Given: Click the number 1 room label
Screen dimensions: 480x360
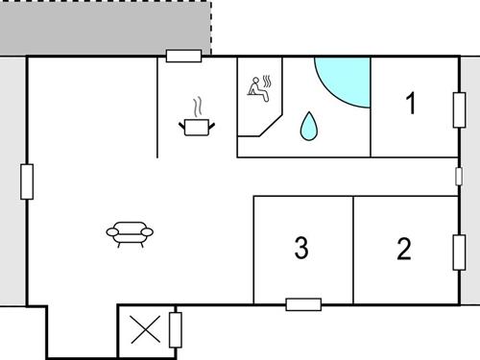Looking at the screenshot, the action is pyautogui.click(x=412, y=104).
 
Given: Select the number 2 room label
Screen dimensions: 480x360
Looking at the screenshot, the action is pyautogui.click(x=404, y=250).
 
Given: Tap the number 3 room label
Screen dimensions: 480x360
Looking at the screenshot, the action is pyautogui.click(x=301, y=250).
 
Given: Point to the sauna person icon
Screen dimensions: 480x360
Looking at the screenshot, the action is pyautogui.click(x=259, y=87).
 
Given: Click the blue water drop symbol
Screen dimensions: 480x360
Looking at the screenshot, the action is pyautogui.click(x=309, y=126).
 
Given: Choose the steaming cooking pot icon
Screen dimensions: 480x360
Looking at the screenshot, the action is pyautogui.click(x=196, y=125).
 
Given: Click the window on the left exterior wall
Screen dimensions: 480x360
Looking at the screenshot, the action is pyautogui.click(x=27, y=181).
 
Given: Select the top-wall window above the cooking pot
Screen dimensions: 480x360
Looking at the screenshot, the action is pyautogui.click(x=183, y=56).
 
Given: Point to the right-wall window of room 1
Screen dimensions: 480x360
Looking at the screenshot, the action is pyautogui.click(x=458, y=107).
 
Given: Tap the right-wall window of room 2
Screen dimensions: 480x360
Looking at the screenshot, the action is pyautogui.click(x=458, y=251).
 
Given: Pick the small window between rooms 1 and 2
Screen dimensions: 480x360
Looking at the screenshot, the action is pyautogui.click(x=458, y=177).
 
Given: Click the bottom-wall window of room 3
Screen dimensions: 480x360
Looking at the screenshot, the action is pyautogui.click(x=303, y=304).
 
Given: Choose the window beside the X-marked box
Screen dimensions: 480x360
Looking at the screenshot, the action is pyautogui.click(x=175, y=330).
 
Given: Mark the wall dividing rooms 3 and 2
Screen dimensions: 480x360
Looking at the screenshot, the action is pyautogui.click(x=353, y=250).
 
